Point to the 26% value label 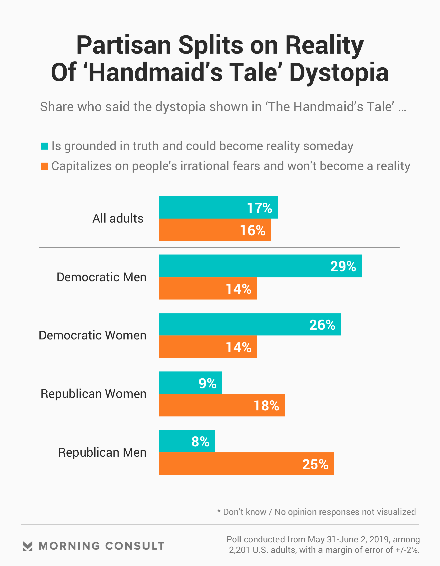[x=322, y=325]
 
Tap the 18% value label [x=266, y=406]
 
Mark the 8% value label [x=200, y=441]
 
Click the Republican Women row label [x=94, y=394]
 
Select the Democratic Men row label [x=102, y=277]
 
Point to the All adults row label [x=118, y=218]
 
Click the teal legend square [x=44, y=146]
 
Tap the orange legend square [x=44, y=166]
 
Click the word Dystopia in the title [x=339, y=72]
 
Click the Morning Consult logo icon [x=27, y=546]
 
